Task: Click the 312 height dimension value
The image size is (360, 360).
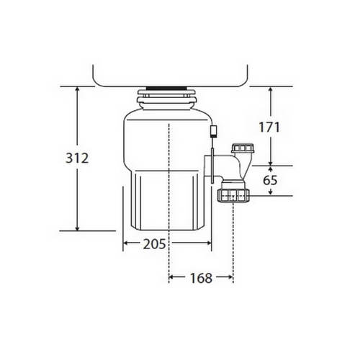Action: (x=77, y=158)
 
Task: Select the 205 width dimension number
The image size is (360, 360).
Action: (x=154, y=244)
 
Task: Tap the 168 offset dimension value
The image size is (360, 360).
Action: (x=201, y=278)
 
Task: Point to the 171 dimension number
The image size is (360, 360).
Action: (x=269, y=127)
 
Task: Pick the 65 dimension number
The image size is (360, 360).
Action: (x=270, y=180)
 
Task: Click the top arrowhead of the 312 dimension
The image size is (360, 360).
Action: (x=77, y=89)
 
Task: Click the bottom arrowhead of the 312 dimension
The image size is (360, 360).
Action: (x=77, y=228)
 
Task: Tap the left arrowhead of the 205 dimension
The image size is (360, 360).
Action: (x=126, y=243)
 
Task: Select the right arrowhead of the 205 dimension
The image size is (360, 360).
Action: (x=209, y=243)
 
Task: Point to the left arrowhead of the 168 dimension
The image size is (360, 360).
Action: (x=171, y=277)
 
